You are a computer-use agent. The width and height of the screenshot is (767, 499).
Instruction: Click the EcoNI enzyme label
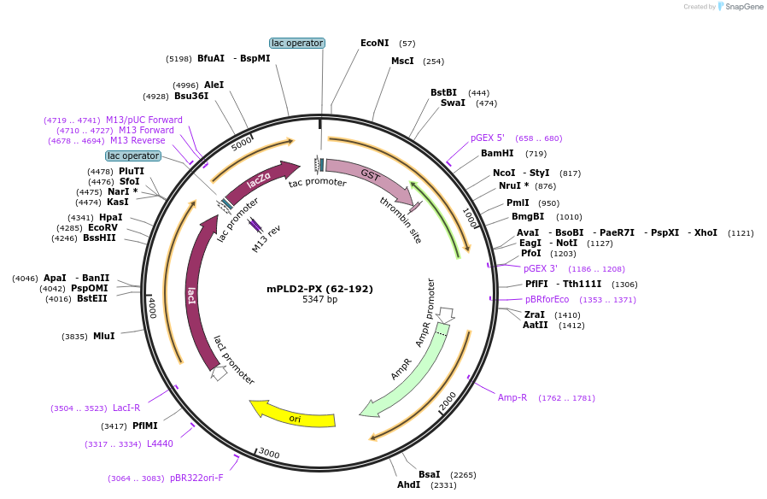tap(374, 43)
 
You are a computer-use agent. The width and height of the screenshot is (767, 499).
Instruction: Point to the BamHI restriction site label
tap(497, 154)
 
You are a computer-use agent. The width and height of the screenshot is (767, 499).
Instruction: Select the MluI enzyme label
tap(103, 337)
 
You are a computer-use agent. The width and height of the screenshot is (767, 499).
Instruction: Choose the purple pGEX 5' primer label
tap(488, 138)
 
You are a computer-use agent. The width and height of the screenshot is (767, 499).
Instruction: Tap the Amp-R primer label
tap(512, 398)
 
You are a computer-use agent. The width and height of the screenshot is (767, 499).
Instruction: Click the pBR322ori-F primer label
tap(196, 478)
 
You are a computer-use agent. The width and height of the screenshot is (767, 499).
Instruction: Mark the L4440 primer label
tap(160, 444)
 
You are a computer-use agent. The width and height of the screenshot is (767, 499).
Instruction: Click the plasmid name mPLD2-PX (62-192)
tap(319, 289)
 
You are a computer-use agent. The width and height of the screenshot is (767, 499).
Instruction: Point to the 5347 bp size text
tap(319, 300)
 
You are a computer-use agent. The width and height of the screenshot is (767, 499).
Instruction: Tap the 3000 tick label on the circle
tap(268, 453)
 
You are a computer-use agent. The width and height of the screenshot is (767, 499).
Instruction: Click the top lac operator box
tap(297, 43)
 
